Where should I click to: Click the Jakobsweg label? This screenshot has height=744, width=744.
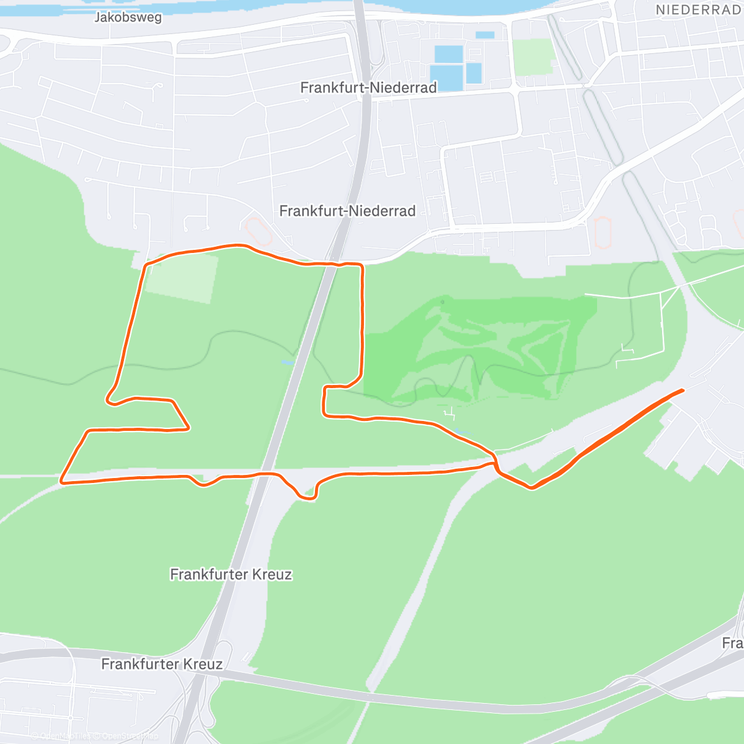coord(128,17)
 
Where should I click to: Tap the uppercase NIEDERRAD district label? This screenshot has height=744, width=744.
coord(698,10)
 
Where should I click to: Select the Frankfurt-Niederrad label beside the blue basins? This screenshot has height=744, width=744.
coord(368,87)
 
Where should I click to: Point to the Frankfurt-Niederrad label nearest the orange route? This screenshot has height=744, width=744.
coord(347,211)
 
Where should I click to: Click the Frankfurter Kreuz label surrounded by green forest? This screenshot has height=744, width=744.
coord(231,574)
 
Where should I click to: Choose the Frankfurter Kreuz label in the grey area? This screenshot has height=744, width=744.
coord(162,664)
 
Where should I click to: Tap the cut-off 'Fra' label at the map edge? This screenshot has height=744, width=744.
coord(732,643)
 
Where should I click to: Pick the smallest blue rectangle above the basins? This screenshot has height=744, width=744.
coord(485,35)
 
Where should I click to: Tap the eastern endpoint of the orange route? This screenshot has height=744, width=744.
coord(682,390)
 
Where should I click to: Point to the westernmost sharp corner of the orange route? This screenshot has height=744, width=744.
coord(62,480)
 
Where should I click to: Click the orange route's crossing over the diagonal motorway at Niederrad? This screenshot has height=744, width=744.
coord(331,265)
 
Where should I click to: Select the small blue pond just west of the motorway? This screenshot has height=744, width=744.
coord(287,362)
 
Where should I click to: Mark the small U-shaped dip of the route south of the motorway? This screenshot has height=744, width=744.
coord(308,495)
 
